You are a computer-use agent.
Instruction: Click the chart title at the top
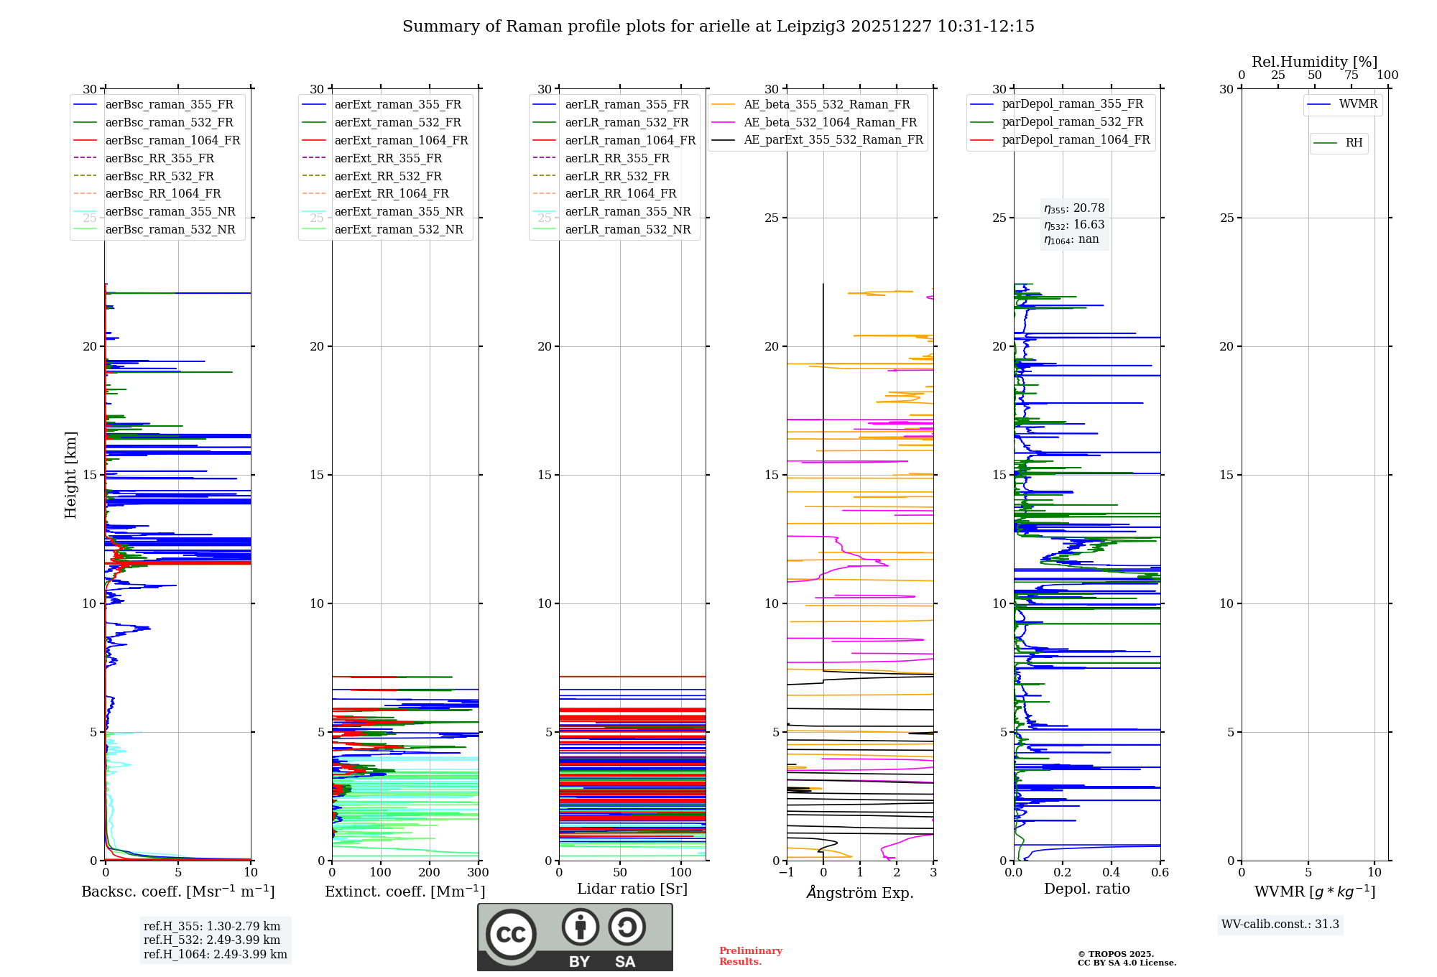[x=718, y=27]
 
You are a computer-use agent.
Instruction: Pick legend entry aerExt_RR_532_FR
[x=388, y=176]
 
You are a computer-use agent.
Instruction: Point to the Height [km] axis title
[x=70, y=475]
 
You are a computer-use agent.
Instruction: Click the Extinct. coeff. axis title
[x=405, y=892]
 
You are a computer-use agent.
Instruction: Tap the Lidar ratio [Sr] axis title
[x=632, y=889]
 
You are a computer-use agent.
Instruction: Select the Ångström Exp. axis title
[x=860, y=892]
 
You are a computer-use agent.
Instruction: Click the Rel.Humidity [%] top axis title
[x=1315, y=62]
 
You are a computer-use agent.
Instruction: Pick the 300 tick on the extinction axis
[x=479, y=872]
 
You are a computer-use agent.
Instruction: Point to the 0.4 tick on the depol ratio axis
[x=1112, y=872]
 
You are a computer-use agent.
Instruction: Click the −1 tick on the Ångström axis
[x=787, y=872]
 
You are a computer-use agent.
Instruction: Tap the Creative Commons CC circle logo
[x=511, y=935]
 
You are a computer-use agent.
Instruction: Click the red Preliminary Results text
[x=751, y=956]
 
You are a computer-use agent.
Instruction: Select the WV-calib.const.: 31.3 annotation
[x=1280, y=924]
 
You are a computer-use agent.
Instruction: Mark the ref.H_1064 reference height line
[x=216, y=954]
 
